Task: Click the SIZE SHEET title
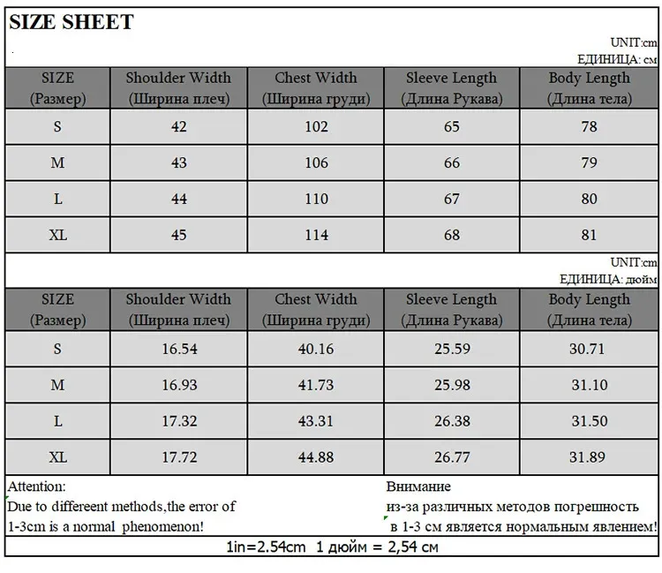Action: coord(71,22)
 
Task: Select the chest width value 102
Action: coord(316,126)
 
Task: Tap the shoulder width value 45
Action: coord(179,235)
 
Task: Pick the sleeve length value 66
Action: coord(452,162)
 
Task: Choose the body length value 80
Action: coord(589,199)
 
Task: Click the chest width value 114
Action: coord(316,235)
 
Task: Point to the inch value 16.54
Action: coord(179,348)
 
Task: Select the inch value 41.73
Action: coord(316,384)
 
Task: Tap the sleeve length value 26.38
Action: coord(452,420)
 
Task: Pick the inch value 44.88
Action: coord(316,456)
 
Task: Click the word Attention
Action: coord(36,486)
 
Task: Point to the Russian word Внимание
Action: coord(418,486)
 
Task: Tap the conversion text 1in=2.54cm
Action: coord(267,547)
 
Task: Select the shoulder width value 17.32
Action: coord(179,420)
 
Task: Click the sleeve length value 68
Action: coord(452,235)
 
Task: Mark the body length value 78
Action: coord(589,126)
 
